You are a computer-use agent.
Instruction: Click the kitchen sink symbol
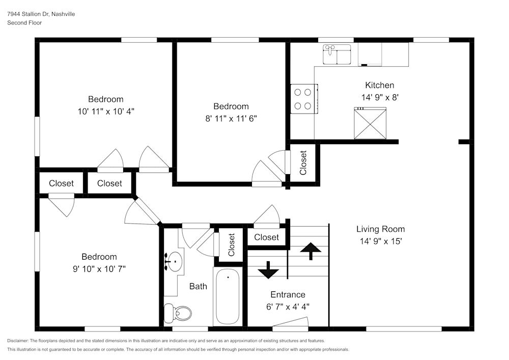336,55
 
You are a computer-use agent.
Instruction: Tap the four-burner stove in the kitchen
304,99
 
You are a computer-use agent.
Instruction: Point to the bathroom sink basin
175,262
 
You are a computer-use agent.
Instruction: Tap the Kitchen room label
379,85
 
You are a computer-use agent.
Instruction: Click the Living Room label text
380,229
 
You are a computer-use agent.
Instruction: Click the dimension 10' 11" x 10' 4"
106,110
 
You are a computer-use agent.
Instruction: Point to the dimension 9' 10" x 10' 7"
99,268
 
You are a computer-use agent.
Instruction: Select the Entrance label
288,294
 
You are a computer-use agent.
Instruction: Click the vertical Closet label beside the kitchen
303,162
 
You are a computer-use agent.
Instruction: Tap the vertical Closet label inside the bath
232,244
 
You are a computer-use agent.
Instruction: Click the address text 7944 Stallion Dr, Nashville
41,14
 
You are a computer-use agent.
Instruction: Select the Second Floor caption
24,23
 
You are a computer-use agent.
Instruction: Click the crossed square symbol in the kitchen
370,123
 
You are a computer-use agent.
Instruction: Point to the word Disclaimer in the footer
18,341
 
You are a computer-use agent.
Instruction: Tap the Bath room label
198,286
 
